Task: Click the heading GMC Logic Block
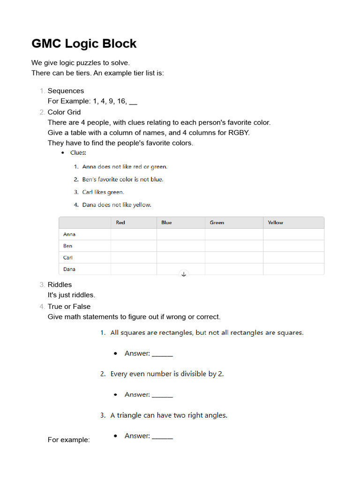84,44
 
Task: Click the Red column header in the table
120,223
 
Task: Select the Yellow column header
275,223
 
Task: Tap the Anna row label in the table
69,234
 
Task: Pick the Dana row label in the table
69,269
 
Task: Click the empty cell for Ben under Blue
180,246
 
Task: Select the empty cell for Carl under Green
233,257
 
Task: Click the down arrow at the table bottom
184,274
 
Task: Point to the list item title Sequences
66,91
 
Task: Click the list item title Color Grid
64,112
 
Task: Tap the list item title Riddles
60,285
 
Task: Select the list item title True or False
69,307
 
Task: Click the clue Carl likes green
103,192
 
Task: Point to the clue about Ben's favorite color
122,180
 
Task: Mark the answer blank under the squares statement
163,354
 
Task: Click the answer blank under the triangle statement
163,436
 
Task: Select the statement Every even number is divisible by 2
167,374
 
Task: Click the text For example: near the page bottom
69,440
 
